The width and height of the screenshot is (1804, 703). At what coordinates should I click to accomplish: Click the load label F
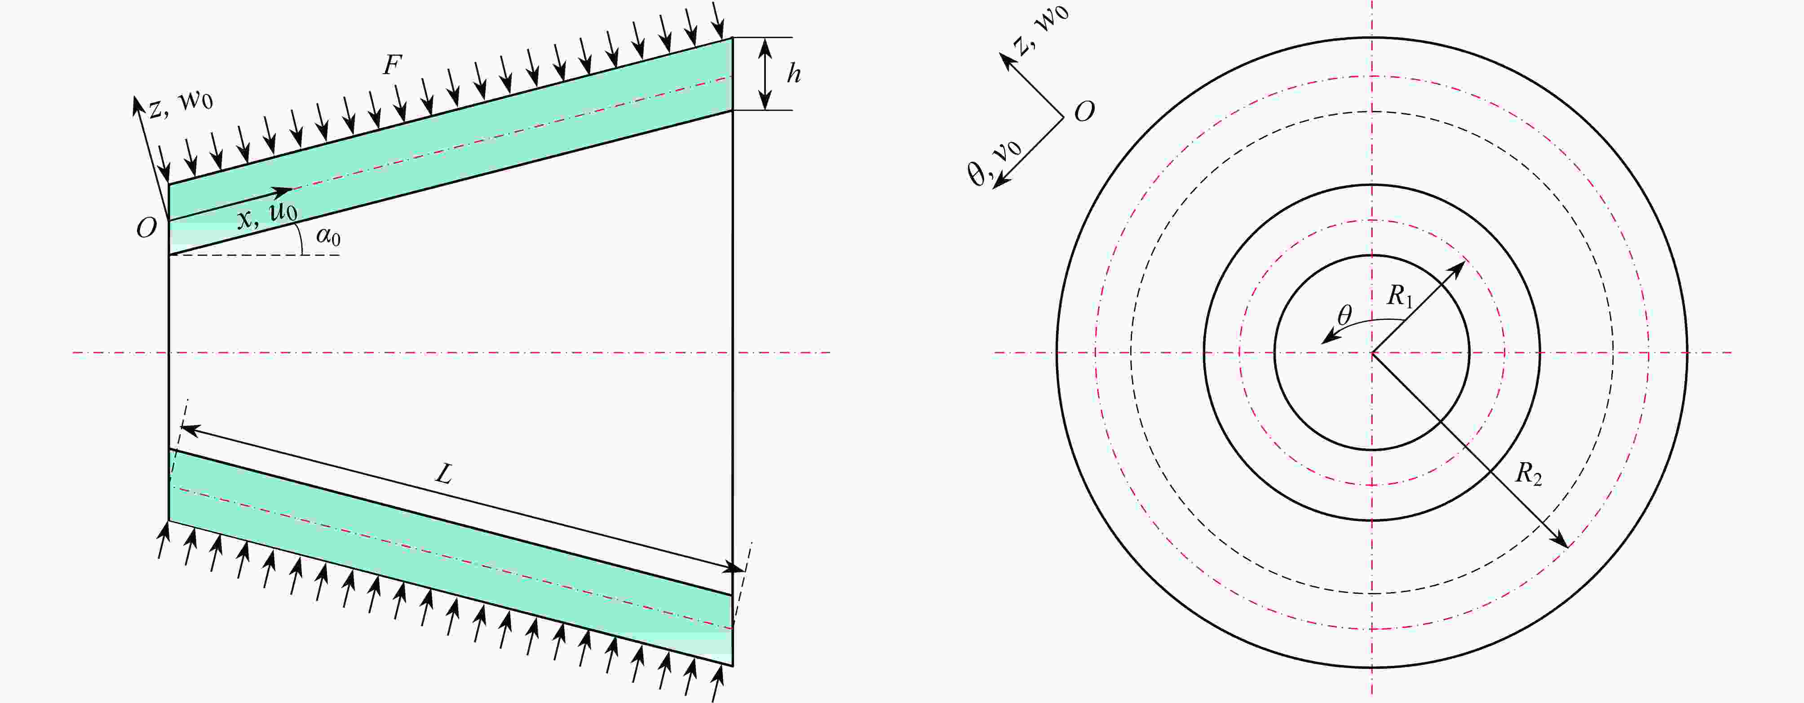tap(392, 65)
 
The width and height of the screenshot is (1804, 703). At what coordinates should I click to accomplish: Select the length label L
tap(444, 475)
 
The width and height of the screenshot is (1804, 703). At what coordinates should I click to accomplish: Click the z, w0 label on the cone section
tap(181, 104)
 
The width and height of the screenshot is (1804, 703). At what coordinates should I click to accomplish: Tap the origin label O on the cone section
tap(146, 228)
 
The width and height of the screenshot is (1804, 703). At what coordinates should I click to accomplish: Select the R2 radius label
tap(1528, 474)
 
